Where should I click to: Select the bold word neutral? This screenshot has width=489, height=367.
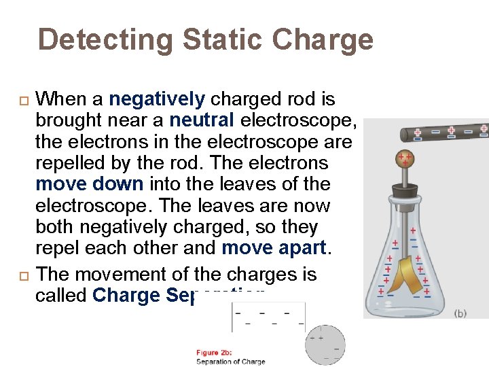[202, 120]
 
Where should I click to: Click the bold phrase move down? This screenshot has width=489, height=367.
[90, 184]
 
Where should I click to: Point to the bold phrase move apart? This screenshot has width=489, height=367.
[274, 247]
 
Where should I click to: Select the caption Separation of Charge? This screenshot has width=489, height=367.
[230, 361]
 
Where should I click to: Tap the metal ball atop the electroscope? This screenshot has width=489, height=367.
[405, 160]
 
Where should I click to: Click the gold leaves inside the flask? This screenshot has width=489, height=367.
[405, 272]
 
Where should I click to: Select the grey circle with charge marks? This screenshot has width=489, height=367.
[325, 344]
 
